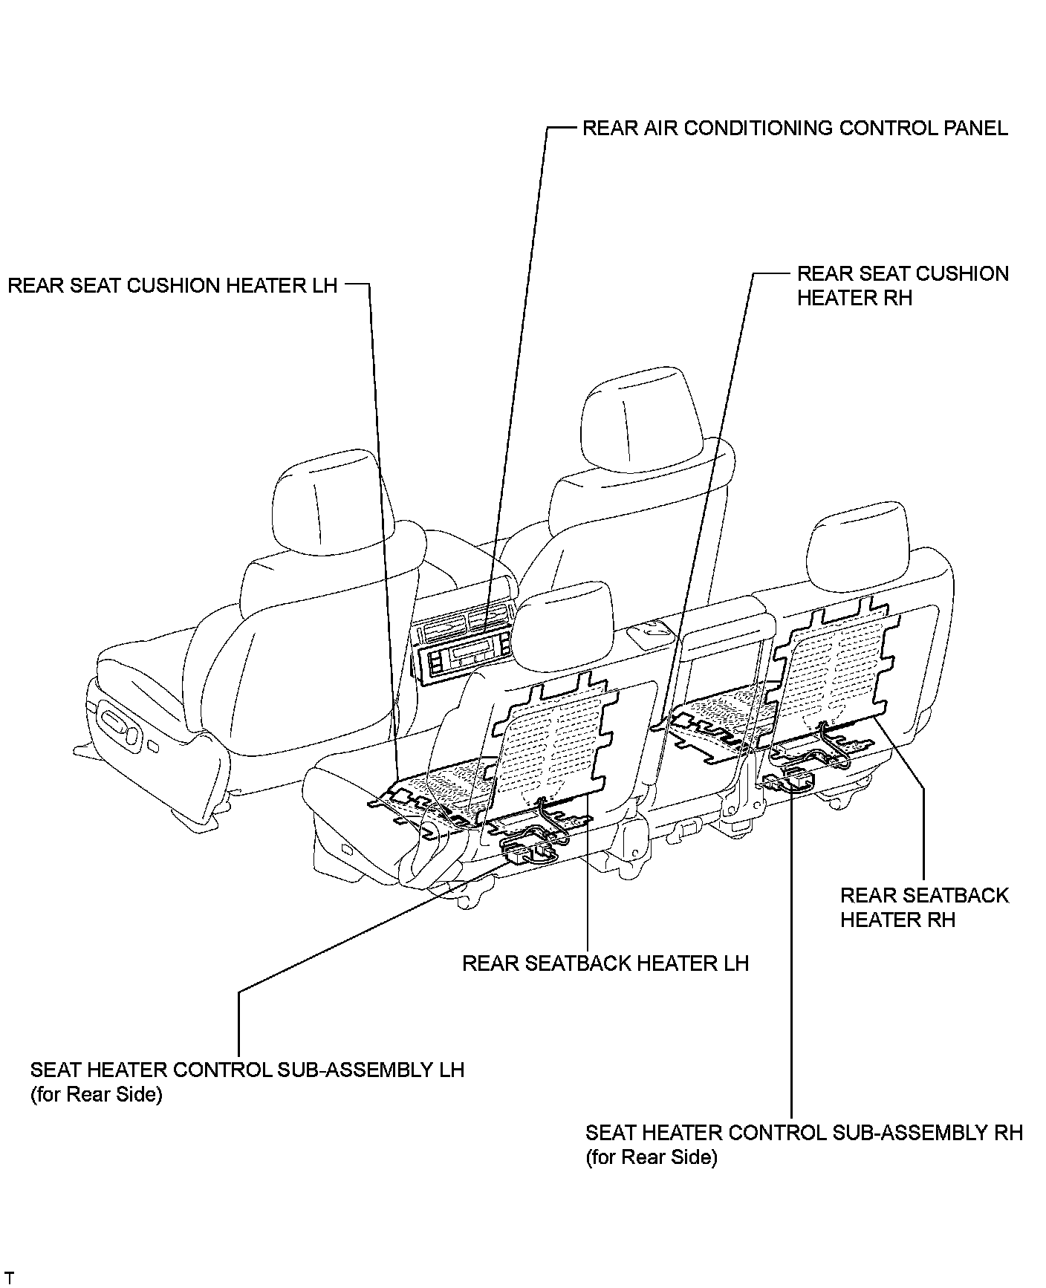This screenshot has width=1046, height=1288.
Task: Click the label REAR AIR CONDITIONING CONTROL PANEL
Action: pos(794,129)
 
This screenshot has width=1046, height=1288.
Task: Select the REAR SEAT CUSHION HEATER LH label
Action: pos(172,286)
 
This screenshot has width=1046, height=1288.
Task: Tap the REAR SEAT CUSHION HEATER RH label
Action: pos(902,286)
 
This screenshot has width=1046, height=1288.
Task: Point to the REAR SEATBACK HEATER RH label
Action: pos(924,907)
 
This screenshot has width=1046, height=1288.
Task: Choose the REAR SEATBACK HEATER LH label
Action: pos(605,963)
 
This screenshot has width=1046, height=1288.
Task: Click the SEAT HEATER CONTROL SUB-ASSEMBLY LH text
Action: pos(247,1070)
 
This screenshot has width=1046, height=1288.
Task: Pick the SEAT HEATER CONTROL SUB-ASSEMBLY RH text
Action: pos(804,1133)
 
